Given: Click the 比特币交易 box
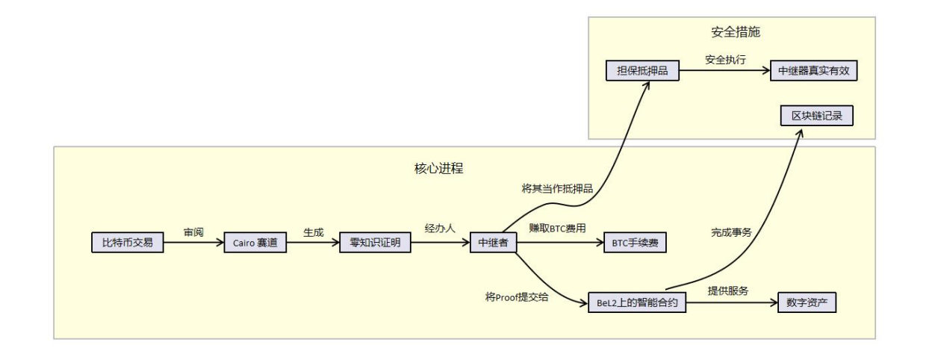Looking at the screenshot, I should (x=128, y=243).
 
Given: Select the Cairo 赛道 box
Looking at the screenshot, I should (x=255, y=243).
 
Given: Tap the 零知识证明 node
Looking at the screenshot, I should (x=375, y=243).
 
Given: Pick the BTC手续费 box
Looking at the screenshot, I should (x=635, y=243).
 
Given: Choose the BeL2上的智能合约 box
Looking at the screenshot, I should (x=637, y=302).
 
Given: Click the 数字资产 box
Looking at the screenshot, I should (x=807, y=302).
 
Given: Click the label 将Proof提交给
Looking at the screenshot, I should (x=516, y=296).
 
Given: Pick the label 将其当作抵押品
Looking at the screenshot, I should (x=557, y=189).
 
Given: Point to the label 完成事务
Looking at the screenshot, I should (x=731, y=232).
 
